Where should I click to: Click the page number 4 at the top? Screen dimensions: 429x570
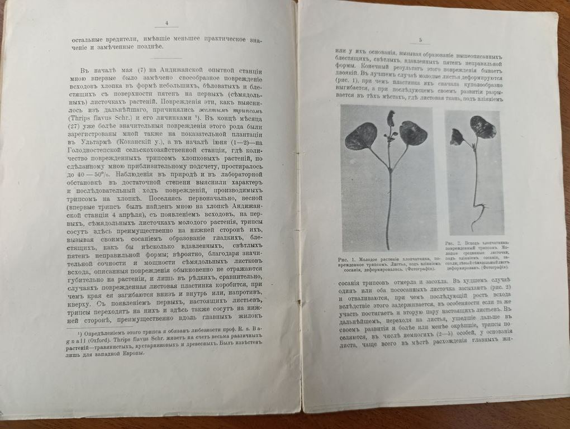(166, 23)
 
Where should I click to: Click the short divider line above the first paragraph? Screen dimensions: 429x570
(166, 58)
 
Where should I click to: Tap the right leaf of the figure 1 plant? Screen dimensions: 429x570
(413, 133)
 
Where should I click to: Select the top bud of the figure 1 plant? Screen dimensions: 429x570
(392, 117)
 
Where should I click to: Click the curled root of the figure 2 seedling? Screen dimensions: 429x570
(477, 218)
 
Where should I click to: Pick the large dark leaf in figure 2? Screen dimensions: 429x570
(482, 127)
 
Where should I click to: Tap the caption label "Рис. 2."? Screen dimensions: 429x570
(452, 244)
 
